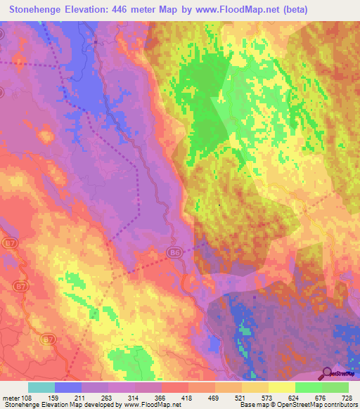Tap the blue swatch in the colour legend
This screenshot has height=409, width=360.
[67, 387]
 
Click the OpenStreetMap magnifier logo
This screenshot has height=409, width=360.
[328, 373]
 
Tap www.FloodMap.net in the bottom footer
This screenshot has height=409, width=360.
[148, 405]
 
